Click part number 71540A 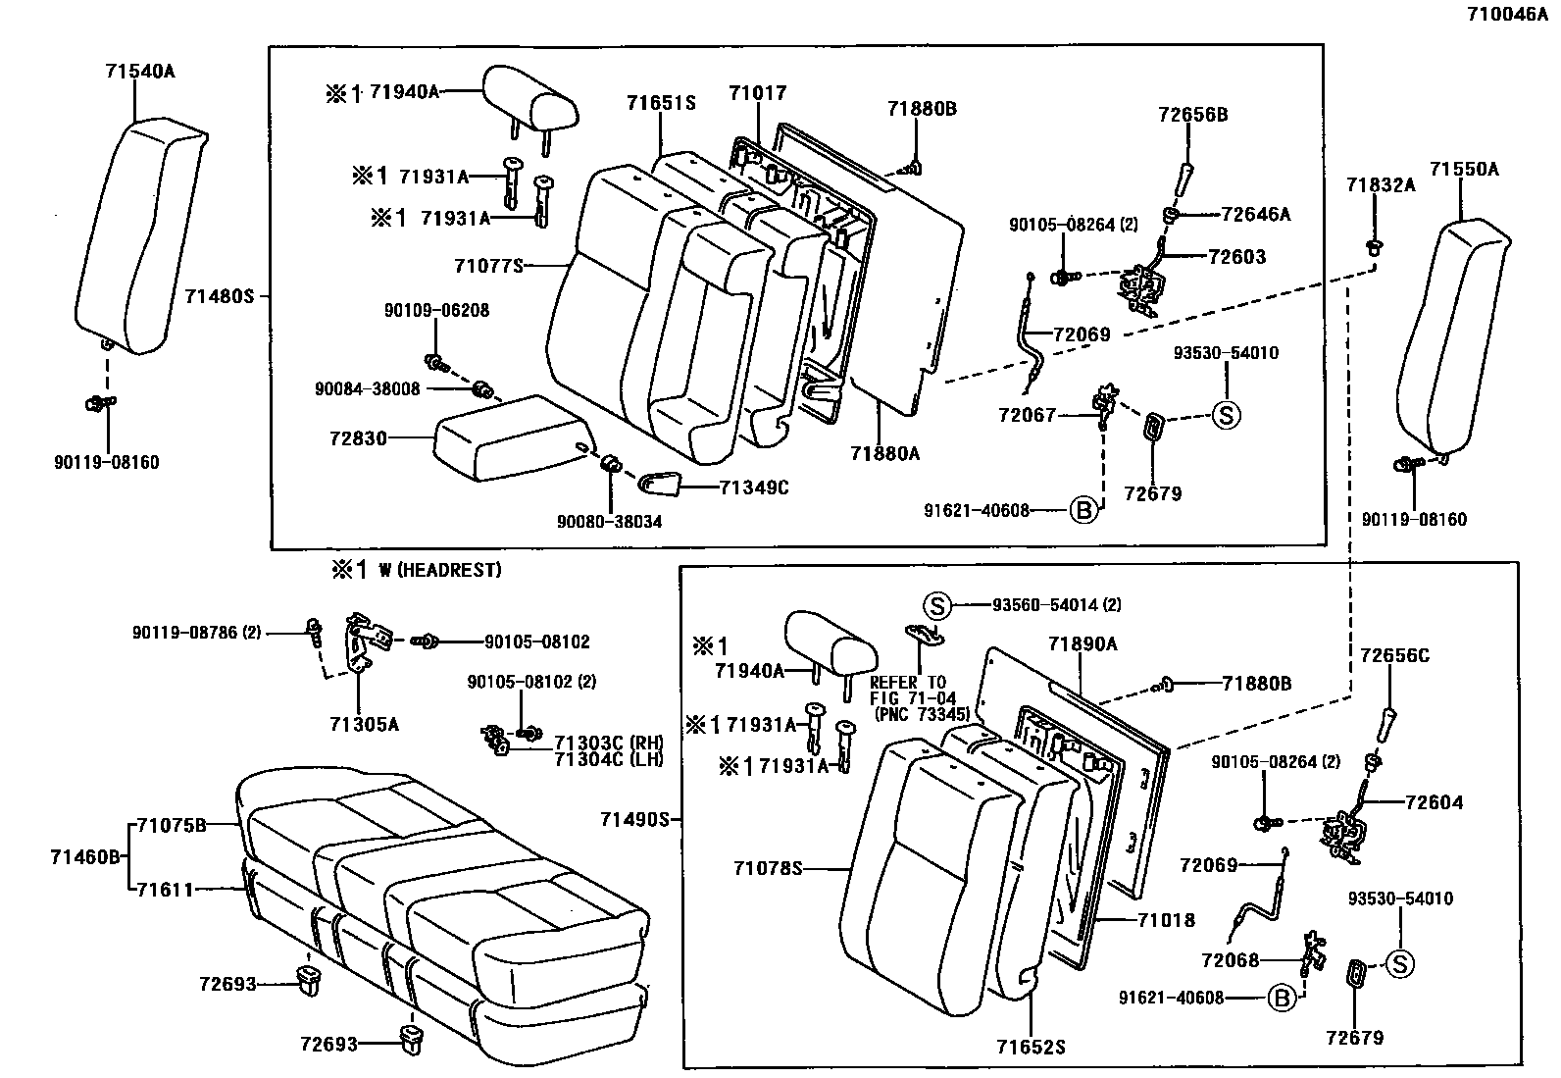click(x=140, y=72)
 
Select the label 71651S click(x=661, y=103)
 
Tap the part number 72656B click(x=1193, y=115)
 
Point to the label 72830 click(x=358, y=438)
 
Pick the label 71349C click(x=754, y=488)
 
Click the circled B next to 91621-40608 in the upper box click(x=1083, y=511)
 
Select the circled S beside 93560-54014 click(x=937, y=606)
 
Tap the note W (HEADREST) click(x=439, y=570)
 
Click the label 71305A click(x=365, y=725)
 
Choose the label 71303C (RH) click(x=609, y=744)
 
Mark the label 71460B click(x=85, y=857)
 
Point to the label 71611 click(x=165, y=890)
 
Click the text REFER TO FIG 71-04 click(x=913, y=691)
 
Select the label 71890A click(x=1083, y=644)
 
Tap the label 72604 click(x=1435, y=802)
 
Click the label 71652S click(x=1031, y=1048)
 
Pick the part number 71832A click(x=1381, y=185)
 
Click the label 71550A click(x=1464, y=170)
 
